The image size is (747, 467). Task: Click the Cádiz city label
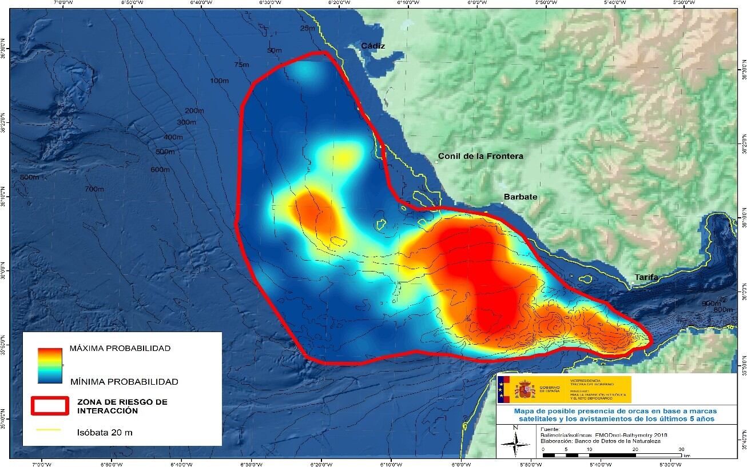pyautogui.click(x=373, y=46)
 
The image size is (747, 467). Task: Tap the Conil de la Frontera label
pyautogui.click(x=480, y=156)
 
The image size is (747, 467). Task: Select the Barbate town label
pyautogui.click(x=520, y=197)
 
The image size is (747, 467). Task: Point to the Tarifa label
pyautogui.click(x=646, y=278)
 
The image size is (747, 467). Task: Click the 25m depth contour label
pyautogui.click(x=307, y=29)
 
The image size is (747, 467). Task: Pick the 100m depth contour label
pyautogui.click(x=219, y=81)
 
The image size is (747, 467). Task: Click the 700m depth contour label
pyautogui.click(x=94, y=189)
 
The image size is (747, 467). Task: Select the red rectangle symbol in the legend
pyautogui.click(x=50, y=405)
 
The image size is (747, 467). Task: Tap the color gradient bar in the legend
pyautogui.click(x=50, y=365)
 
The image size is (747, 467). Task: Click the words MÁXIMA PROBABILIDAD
pyautogui.click(x=120, y=348)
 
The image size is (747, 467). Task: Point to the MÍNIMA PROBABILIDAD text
pyautogui.click(x=124, y=381)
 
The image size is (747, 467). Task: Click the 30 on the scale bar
pyautogui.click(x=681, y=449)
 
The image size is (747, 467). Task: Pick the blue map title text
pyautogui.click(x=615, y=415)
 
